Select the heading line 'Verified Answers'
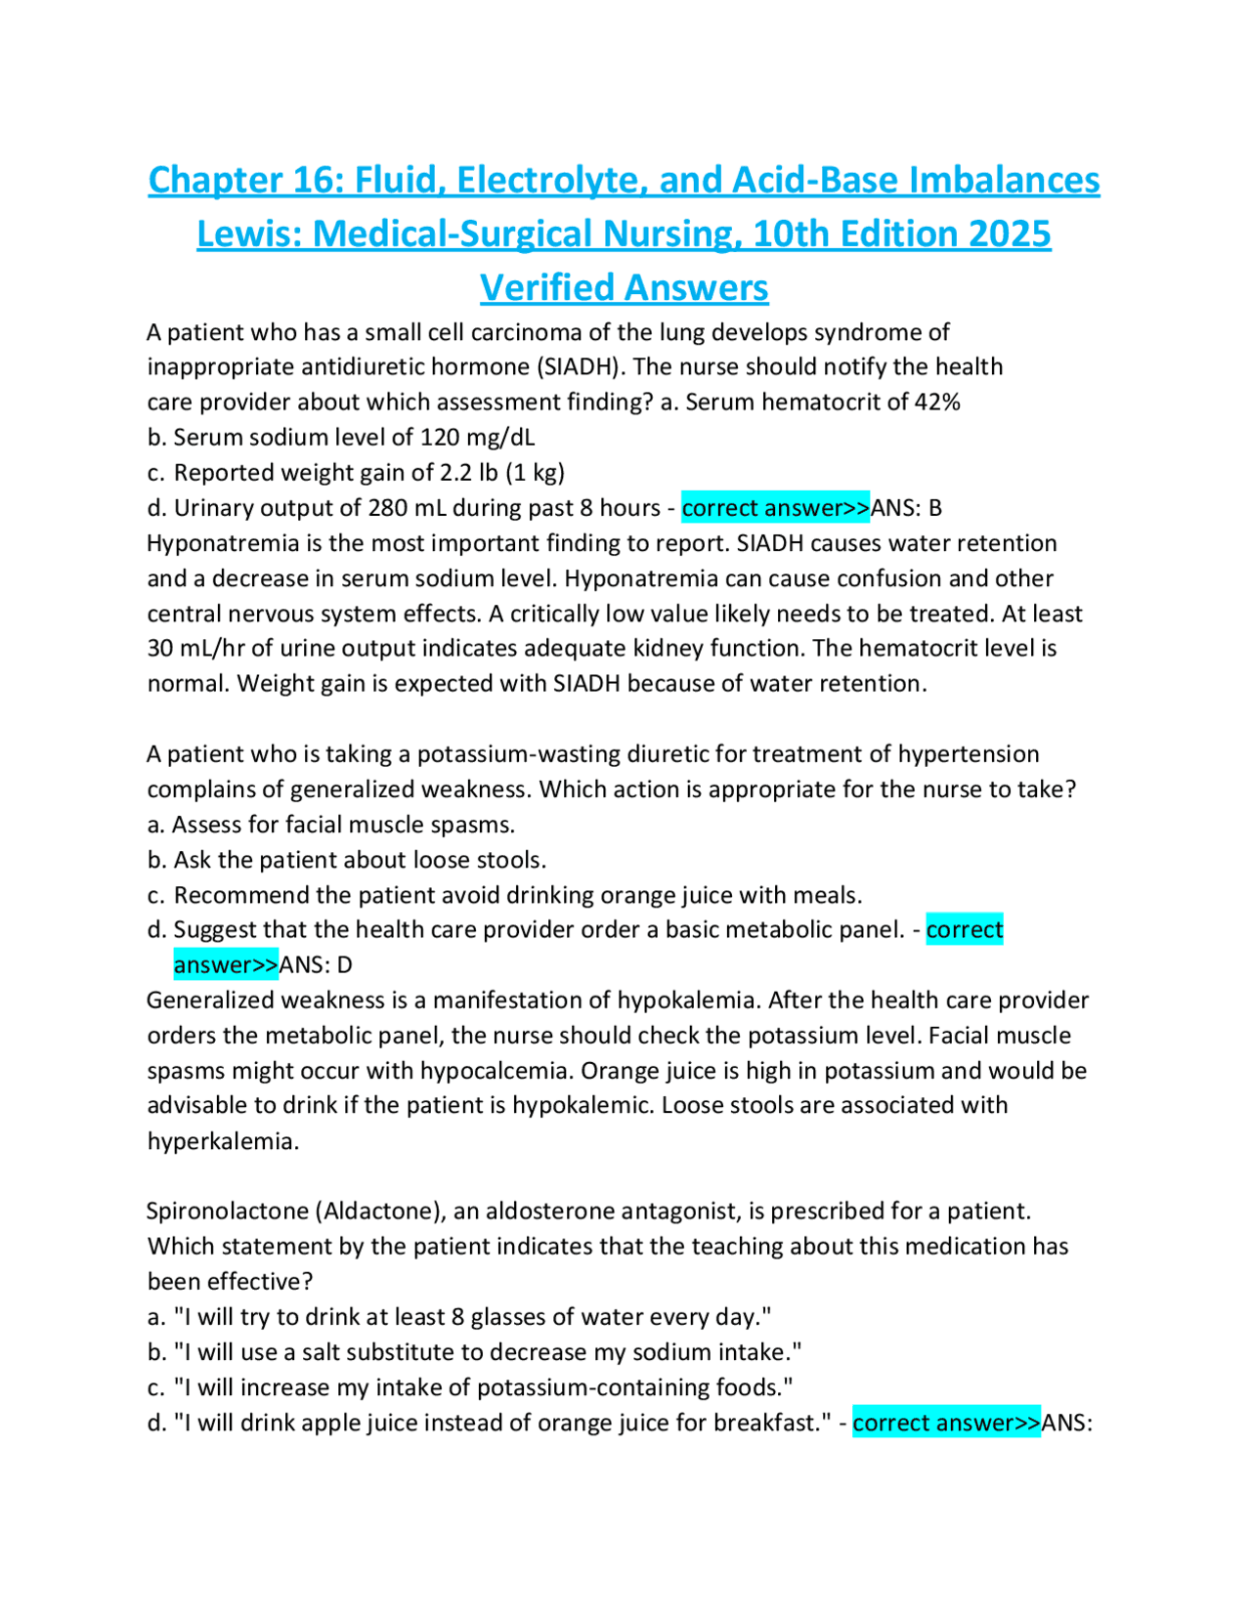[x=624, y=288]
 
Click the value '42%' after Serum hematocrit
[x=937, y=403]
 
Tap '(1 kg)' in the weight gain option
[x=535, y=473]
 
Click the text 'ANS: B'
[x=906, y=508]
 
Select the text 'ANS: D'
[x=316, y=965]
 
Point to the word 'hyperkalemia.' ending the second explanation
[x=223, y=1141]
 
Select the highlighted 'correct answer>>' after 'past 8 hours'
[x=775, y=508]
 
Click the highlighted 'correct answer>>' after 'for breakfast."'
[x=946, y=1423]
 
